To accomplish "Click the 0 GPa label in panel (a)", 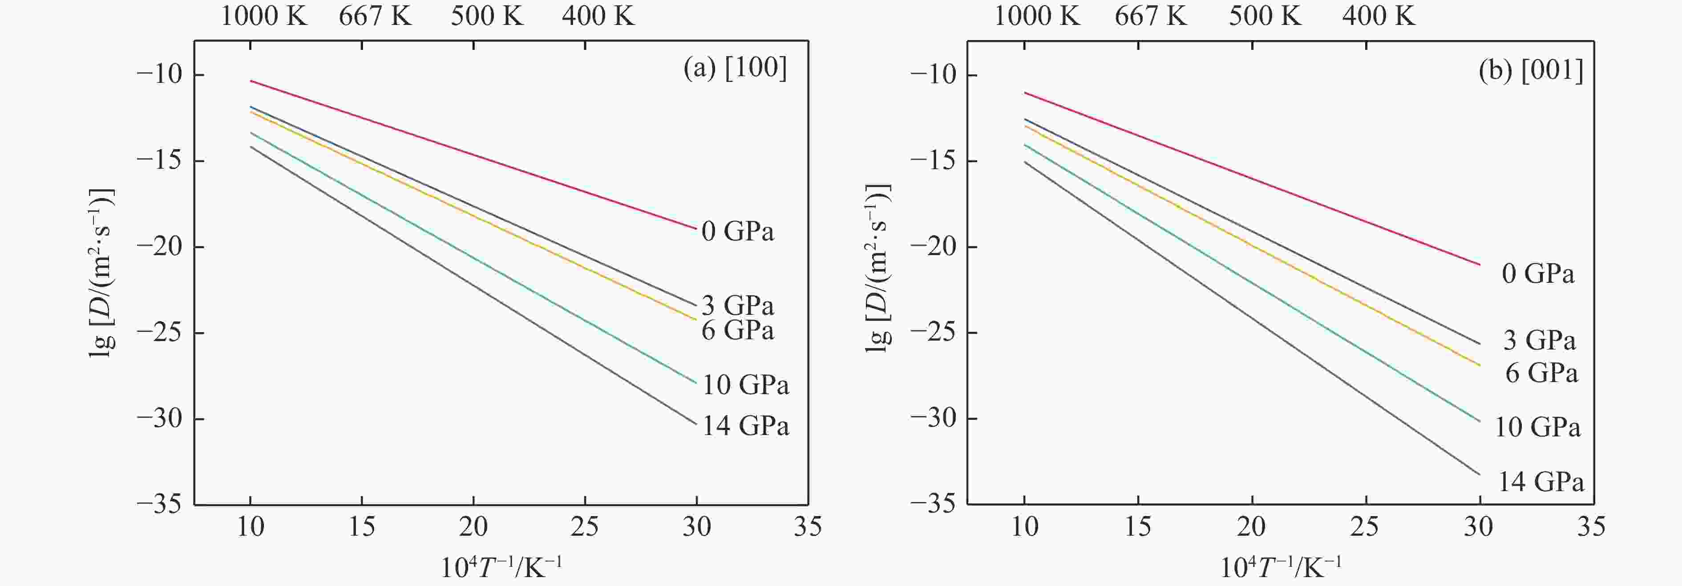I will [x=737, y=231].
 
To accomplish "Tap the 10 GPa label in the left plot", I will [x=745, y=385].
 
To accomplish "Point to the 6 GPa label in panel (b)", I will [x=1541, y=373].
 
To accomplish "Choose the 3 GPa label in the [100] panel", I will [x=737, y=305].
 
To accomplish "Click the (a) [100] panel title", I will [x=735, y=68].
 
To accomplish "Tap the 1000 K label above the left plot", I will [x=264, y=16].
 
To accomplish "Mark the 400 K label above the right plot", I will [x=1379, y=16].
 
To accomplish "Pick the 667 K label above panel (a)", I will [x=375, y=16].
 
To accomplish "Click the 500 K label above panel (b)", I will [x=1265, y=16].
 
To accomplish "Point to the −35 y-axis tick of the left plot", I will [x=159, y=505].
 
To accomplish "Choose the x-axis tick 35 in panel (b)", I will [x=1591, y=526].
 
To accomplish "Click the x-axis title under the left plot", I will [x=501, y=567].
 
